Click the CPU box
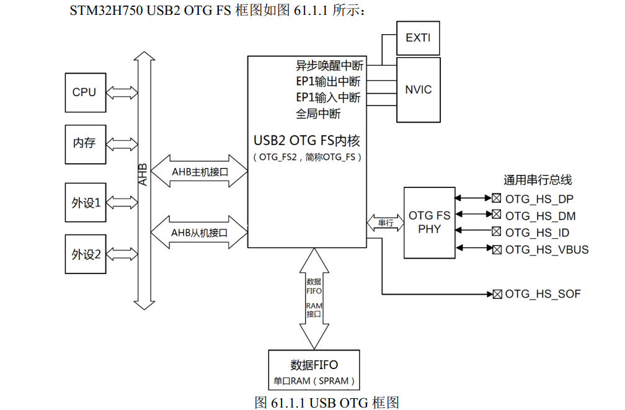[x=84, y=92]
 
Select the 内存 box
[x=84, y=143]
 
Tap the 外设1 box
[x=86, y=202]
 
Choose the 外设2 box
[x=86, y=254]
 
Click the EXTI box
[x=417, y=38]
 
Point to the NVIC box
[x=418, y=90]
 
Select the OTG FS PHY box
[x=429, y=222]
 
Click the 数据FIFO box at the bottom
[x=314, y=370]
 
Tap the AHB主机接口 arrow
[x=199, y=170]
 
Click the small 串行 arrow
[x=385, y=222]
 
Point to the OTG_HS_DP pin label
[x=539, y=199]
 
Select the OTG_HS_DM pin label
[x=540, y=216]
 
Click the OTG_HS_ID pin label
[x=537, y=233]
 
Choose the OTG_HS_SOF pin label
[x=543, y=294]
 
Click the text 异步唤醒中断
[x=329, y=65]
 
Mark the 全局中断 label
[x=318, y=114]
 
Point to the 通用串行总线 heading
[x=537, y=180]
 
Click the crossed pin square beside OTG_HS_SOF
[x=497, y=294]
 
